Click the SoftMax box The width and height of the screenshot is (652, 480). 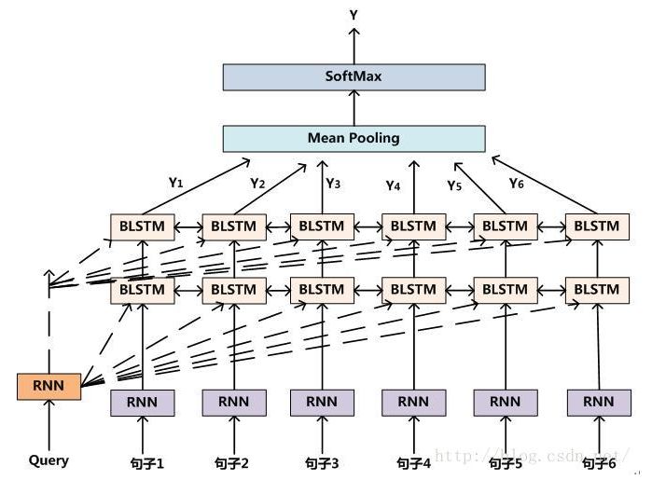tap(354, 76)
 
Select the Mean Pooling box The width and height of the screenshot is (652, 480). tap(354, 138)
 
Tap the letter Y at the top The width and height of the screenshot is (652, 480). tap(354, 15)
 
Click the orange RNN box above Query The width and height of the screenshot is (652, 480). tap(49, 386)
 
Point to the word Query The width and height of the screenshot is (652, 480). tap(49, 460)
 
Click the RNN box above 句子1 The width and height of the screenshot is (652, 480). tap(143, 402)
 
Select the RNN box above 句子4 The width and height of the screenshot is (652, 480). tap(413, 402)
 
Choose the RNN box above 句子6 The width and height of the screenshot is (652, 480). tap(598, 402)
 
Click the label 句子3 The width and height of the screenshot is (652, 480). tap(322, 461)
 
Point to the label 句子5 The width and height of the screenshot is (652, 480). tap(505, 461)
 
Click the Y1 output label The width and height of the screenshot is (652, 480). tap(175, 183)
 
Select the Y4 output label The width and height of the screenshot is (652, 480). tap(393, 185)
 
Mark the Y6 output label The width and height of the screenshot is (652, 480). tap(516, 184)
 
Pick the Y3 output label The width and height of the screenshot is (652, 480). tap(333, 184)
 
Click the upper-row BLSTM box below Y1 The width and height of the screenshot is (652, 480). tap(143, 226)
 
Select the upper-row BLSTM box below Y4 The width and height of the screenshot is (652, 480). tap(413, 226)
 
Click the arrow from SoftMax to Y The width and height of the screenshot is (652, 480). tap(354, 45)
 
